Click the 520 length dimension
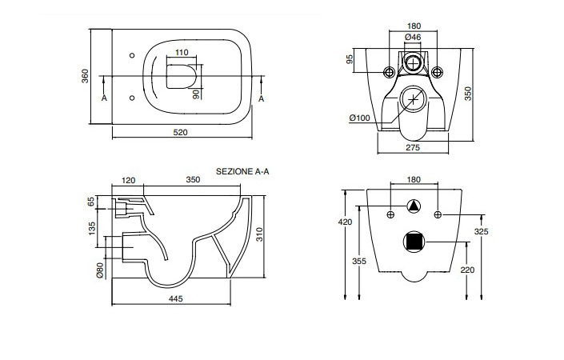[x=181, y=133]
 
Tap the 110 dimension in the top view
[x=182, y=53]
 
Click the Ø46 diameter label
[x=414, y=37]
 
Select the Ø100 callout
[x=359, y=118]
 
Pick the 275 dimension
[x=413, y=148]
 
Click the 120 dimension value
[x=128, y=181]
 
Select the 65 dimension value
[x=92, y=202]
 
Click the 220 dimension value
[x=466, y=270]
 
